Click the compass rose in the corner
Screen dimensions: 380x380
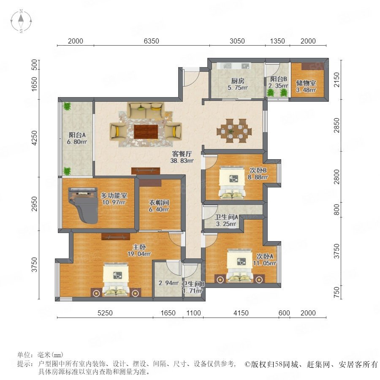click(x=21, y=21)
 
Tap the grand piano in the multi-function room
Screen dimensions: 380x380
click(x=84, y=205)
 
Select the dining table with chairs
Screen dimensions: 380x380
click(x=234, y=130)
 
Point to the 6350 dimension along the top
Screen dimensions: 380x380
click(x=152, y=41)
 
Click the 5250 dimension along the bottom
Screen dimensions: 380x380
click(x=105, y=313)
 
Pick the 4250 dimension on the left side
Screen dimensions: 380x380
click(x=35, y=138)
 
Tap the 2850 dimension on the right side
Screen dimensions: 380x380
click(x=337, y=125)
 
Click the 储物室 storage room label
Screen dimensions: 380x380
click(x=306, y=83)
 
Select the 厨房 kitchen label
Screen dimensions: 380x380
click(x=238, y=81)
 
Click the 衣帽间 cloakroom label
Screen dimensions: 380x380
click(x=159, y=203)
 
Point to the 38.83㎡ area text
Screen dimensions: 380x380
click(x=182, y=160)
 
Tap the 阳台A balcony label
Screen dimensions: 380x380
click(x=77, y=135)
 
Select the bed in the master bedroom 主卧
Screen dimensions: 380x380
click(x=116, y=280)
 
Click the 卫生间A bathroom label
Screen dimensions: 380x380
click(x=226, y=217)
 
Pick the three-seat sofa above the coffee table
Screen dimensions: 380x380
click(x=146, y=110)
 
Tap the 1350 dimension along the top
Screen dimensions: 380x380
click(x=277, y=41)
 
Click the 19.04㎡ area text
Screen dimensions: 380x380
click(x=139, y=254)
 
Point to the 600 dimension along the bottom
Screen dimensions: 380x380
click(x=284, y=313)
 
